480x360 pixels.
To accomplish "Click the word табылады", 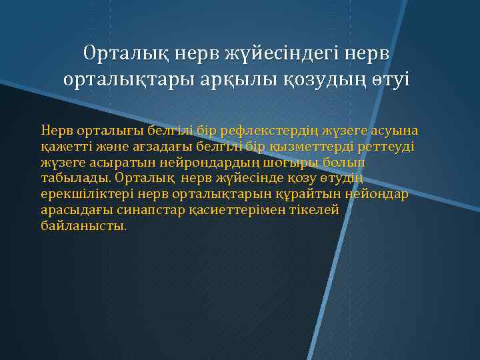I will [76, 178].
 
